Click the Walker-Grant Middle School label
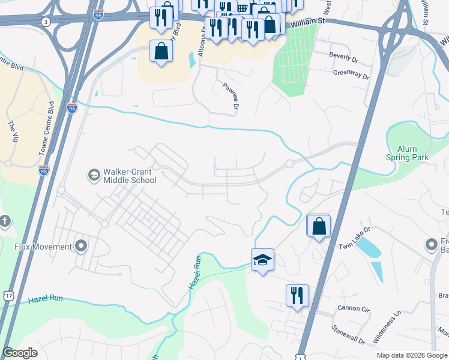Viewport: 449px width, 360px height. [x=130, y=175]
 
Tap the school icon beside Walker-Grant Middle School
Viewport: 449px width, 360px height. [x=94, y=175]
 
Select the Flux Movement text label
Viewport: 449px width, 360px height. [x=43, y=246]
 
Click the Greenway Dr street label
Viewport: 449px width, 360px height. [x=351, y=75]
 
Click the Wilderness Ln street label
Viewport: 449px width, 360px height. [x=387, y=328]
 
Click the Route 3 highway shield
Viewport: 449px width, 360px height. [x=46, y=22]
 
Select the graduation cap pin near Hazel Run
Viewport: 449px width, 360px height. [x=262, y=260]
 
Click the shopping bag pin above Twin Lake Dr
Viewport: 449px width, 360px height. [x=319, y=227]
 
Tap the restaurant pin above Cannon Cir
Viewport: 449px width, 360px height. [x=297, y=296]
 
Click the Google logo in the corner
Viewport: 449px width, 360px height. [x=20, y=353]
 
